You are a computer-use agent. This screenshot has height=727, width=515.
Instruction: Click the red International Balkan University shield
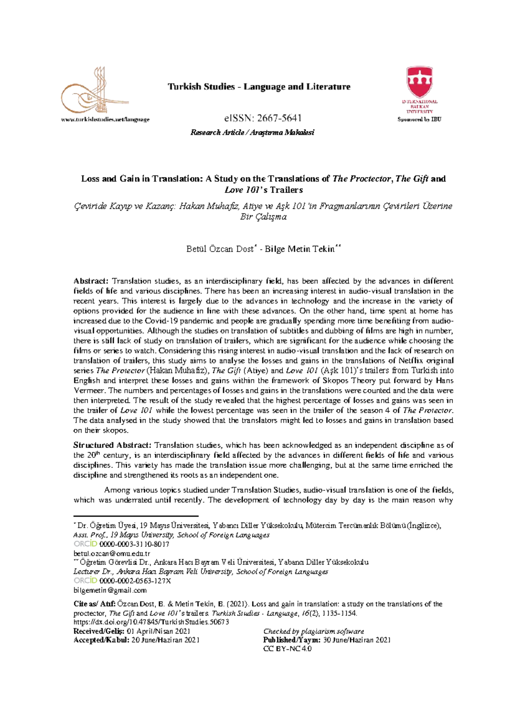(x=419, y=82)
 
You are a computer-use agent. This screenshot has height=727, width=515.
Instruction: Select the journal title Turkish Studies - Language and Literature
(x=259, y=87)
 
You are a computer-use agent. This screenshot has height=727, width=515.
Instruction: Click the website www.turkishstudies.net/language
(x=105, y=120)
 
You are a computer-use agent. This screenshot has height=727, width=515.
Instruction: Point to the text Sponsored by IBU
(x=419, y=120)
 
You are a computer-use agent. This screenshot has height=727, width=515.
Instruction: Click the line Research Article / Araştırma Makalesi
(x=252, y=132)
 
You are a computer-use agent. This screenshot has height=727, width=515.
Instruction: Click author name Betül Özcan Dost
(x=220, y=249)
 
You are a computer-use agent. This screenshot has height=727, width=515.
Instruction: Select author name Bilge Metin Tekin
(x=300, y=249)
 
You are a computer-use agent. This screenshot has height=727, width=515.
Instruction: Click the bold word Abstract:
(x=91, y=281)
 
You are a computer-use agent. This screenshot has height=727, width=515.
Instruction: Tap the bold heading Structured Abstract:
(x=112, y=445)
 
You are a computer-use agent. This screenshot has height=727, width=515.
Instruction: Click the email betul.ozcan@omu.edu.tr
(x=112, y=553)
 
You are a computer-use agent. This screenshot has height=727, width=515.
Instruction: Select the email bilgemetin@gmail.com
(x=110, y=590)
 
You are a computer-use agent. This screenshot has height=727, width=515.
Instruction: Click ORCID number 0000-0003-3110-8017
(x=134, y=544)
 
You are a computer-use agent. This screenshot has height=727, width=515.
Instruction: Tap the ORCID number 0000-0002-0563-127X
(x=135, y=581)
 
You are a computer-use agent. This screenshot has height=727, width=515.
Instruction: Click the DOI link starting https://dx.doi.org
(x=151, y=622)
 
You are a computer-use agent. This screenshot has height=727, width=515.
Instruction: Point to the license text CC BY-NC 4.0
(x=287, y=649)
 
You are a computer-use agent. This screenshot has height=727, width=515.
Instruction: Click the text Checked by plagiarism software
(x=313, y=631)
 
